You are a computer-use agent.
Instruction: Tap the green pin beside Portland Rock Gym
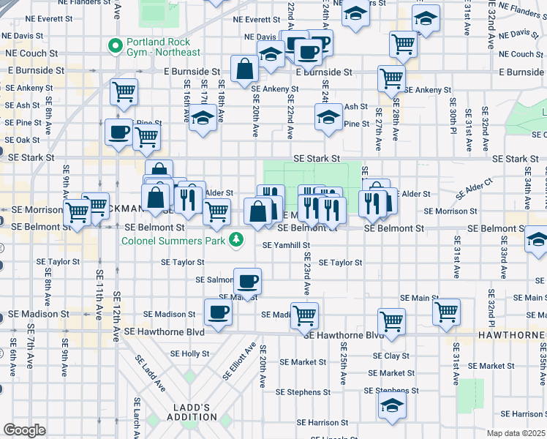[x=114, y=46]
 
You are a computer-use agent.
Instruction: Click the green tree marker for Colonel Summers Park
[x=236, y=239]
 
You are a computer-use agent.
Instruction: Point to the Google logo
[x=24, y=430]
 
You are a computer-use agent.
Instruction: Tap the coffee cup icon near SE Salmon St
[x=247, y=281]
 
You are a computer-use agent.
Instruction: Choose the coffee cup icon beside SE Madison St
[x=217, y=312]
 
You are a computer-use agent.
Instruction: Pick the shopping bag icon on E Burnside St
[x=244, y=69]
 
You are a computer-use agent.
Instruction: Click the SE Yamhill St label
[x=286, y=246]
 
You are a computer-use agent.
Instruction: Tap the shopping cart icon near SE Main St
[x=446, y=311]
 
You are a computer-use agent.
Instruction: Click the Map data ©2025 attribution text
[x=516, y=433]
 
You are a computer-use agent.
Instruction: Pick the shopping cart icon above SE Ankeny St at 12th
[x=124, y=91]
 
